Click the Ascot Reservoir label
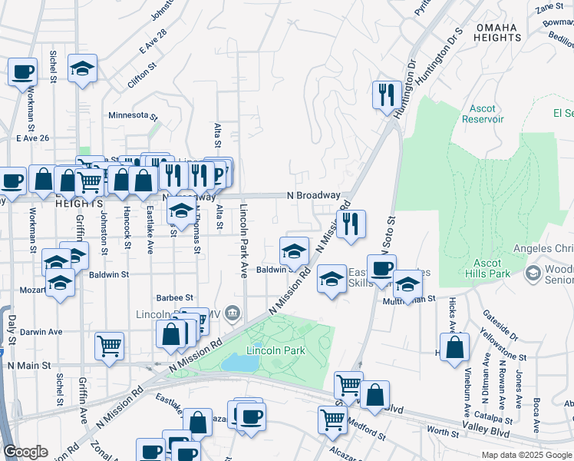pyautogui.click(x=483, y=114)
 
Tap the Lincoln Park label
pyautogui.click(x=275, y=350)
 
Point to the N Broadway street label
pyautogui.click(x=313, y=196)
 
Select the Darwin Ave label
pyautogui.click(x=45, y=332)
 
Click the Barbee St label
pyautogui.click(x=174, y=297)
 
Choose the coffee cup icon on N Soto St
pyautogui.click(x=381, y=268)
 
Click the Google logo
pyautogui.click(x=26, y=452)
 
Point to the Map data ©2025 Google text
pyautogui.click(x=526, y=455)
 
